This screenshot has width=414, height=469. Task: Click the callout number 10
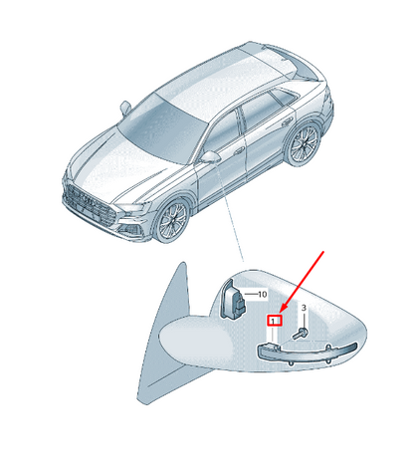pyautogui.click(x=262, y=294)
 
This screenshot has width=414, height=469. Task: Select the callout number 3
pyautogui.click(x=304, y=308)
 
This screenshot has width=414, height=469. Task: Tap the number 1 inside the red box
pyautogui.click(x=273, y=321)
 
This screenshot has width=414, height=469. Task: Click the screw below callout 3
pyautogui.click(x=301, y=333)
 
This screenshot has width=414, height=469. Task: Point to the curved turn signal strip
pyautogui.click(x=308, y=353)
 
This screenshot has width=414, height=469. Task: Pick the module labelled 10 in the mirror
pyautogui.click(x=233, y=299)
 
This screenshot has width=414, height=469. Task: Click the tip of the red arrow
pyautogui.click(x=281, y=313)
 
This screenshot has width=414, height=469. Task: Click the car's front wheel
pyautogui.click(x=173, y=221)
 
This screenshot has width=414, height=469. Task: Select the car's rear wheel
pyautogui.click(x=304, y=143)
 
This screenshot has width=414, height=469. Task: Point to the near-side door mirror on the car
pyautogui.click(x=210, y=157)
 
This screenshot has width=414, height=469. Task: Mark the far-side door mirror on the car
pyautogui.click(x=125, y=108)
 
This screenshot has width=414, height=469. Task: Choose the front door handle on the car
pyautogui.click(x=239, y=152)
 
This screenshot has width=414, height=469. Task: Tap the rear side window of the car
pyautogui.click(x=283, y=96)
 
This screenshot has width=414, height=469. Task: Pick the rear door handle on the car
pyautogui.click(x=287, y=123)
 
